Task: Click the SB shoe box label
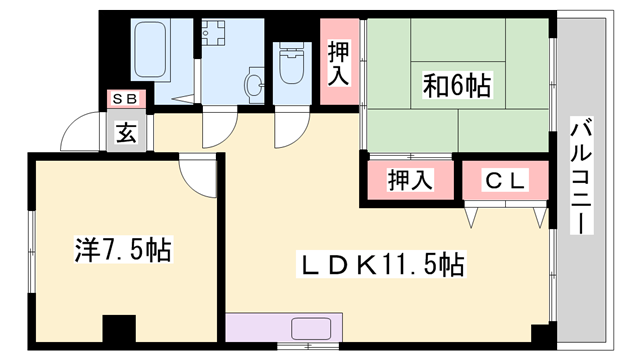129,98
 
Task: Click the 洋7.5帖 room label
123,249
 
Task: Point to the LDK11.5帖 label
384,265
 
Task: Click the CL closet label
505,180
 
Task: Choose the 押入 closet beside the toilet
339,63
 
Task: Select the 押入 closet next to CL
410,181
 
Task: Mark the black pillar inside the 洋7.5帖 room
119,329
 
